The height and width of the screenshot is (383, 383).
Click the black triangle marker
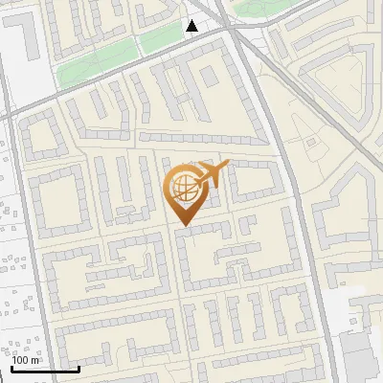point(192,26)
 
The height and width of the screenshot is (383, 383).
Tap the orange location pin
point(186,192)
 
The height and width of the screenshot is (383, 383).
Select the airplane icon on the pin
point(210,175)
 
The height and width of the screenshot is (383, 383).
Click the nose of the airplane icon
point(227,164)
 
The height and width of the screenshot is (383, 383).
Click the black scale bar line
point(45,369)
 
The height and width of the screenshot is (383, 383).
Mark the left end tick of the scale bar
point(12,366)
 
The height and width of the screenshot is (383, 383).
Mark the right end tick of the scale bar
point(79,366)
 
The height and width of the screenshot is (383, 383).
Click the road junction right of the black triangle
point(230,29)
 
